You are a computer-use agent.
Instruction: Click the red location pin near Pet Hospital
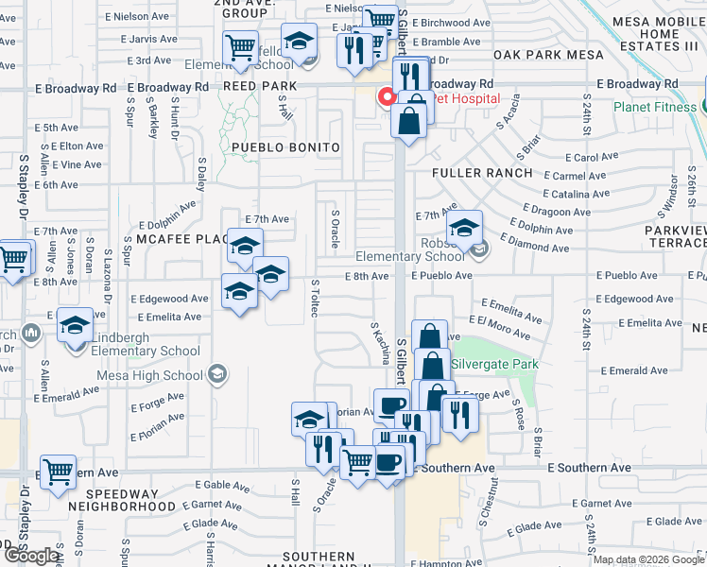[x=387, y=96]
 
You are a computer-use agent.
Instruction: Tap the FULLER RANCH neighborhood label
[x=482, y=173]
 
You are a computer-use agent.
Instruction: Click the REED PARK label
[x=260, y=85]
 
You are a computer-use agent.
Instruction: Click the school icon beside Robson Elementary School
[x=465, y=229]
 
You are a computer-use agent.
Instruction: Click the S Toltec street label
[x=314, y=298]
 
